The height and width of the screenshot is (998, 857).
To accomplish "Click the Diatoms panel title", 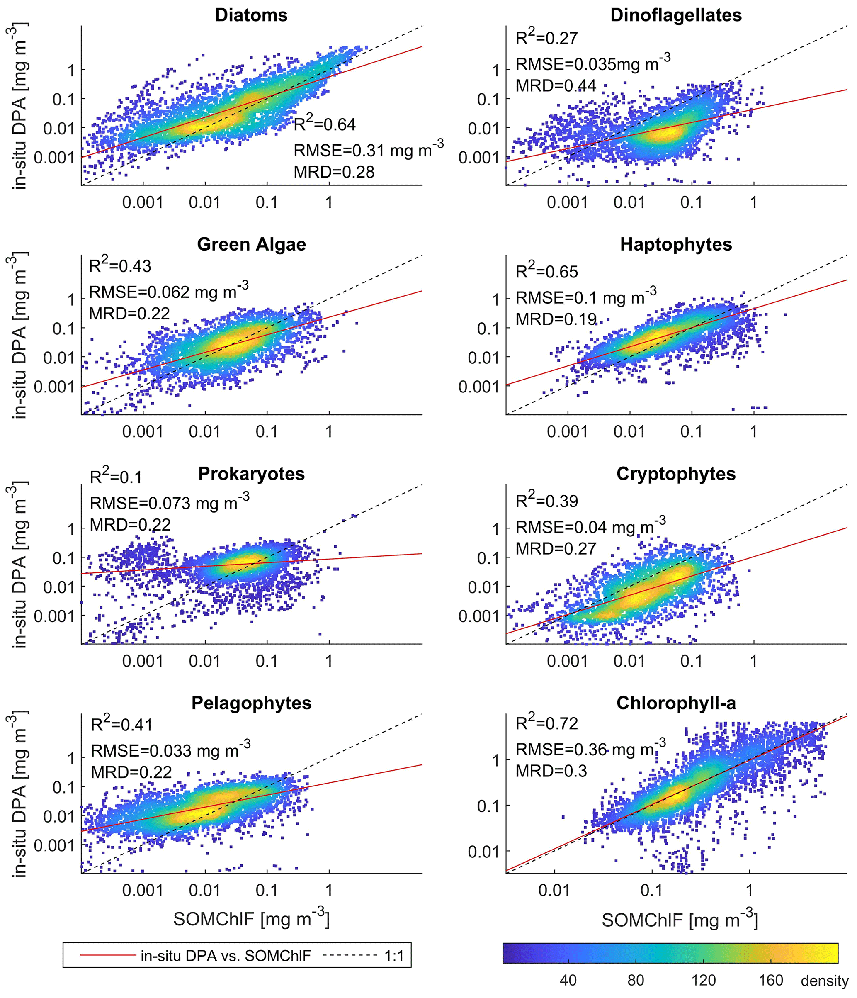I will click(251, 15).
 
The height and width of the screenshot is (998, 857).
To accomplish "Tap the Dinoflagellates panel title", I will click(676, 15).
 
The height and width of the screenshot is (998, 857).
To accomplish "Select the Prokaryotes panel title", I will click(251, 474).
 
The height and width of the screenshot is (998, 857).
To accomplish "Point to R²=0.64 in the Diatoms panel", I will click(325, 124).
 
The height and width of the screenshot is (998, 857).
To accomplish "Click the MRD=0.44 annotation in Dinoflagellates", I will click(556, 86).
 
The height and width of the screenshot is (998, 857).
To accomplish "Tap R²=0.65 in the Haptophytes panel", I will click(546, 271).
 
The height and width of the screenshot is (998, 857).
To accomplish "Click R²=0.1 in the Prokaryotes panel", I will click(116, 477).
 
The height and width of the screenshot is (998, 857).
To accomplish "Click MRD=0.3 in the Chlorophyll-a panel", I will click(551, 771).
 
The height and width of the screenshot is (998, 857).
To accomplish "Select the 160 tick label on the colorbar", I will click(771, 980).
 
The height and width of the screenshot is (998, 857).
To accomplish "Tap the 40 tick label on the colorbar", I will click(568, 980).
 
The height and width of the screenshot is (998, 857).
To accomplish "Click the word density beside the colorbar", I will click(825, 981).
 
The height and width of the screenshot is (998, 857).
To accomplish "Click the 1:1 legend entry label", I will click(394, 956).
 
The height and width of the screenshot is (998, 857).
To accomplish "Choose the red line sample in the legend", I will click(108, 956).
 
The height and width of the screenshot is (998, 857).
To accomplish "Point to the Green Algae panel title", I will click(251, 245).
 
